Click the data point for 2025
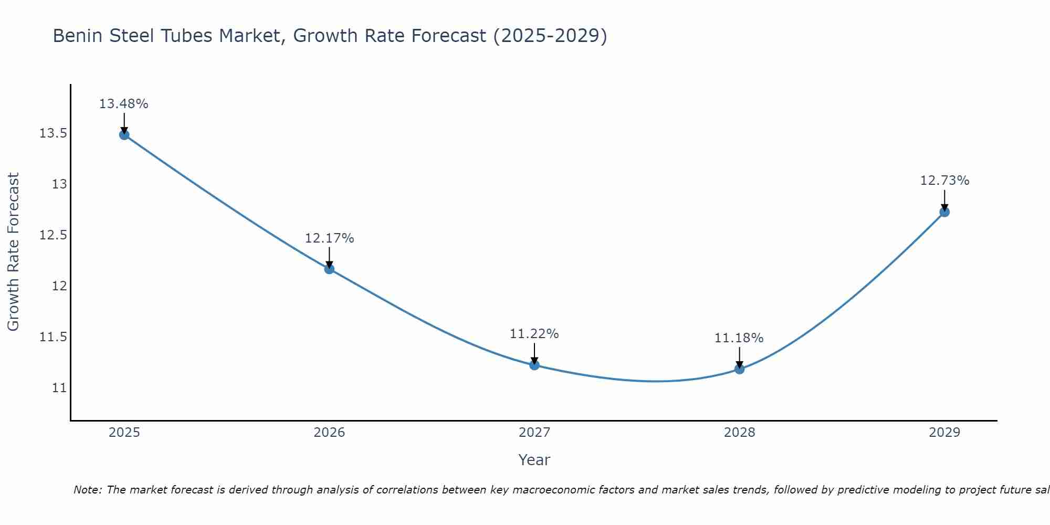(124, 135)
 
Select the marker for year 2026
(329, 269)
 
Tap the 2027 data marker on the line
(534, 365)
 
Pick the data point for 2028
(739, 369)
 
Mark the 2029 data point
(944, 212)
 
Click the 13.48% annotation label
(124, 104)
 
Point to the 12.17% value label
(329, 238)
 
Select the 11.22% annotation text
(534, 334)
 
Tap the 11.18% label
(739, 338)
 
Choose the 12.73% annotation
(944, 181)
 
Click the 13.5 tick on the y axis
(53, 133)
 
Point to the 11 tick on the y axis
(59, 388)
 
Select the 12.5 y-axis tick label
(53, 235)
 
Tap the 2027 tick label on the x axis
(534, 433)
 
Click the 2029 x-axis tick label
(944, 433)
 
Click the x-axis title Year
(534, 460)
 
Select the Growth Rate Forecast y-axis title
(14, 252)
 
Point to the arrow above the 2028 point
(739, 357)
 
